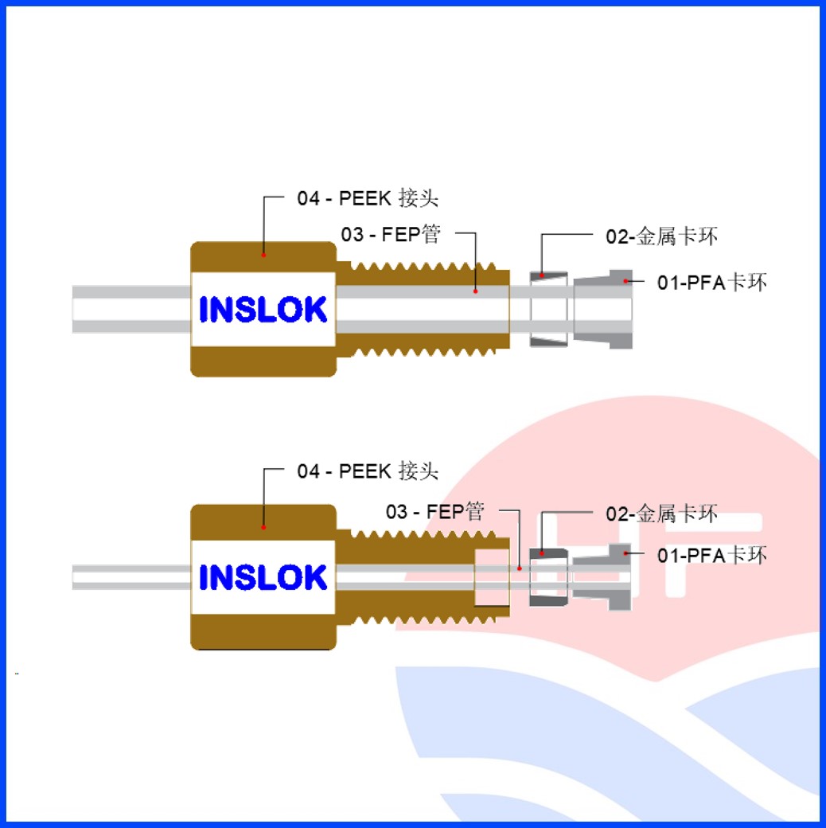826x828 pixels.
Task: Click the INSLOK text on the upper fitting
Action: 263,310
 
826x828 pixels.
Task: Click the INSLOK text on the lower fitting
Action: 263,578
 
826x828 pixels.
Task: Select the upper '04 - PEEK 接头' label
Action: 368,198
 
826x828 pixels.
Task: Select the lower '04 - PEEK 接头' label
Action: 368,471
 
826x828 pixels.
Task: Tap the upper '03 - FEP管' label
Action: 391,234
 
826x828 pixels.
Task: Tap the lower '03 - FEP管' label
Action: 434,511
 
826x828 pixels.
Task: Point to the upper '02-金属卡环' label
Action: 662,236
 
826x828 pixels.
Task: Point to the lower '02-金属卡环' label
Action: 662,514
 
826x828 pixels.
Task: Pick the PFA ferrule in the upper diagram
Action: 603,309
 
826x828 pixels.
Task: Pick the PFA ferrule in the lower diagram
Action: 603,576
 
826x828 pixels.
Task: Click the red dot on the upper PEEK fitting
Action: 263,256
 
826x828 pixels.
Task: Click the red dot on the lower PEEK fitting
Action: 263,527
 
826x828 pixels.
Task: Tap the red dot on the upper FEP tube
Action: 475,291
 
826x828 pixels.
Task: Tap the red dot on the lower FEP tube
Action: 519,568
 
